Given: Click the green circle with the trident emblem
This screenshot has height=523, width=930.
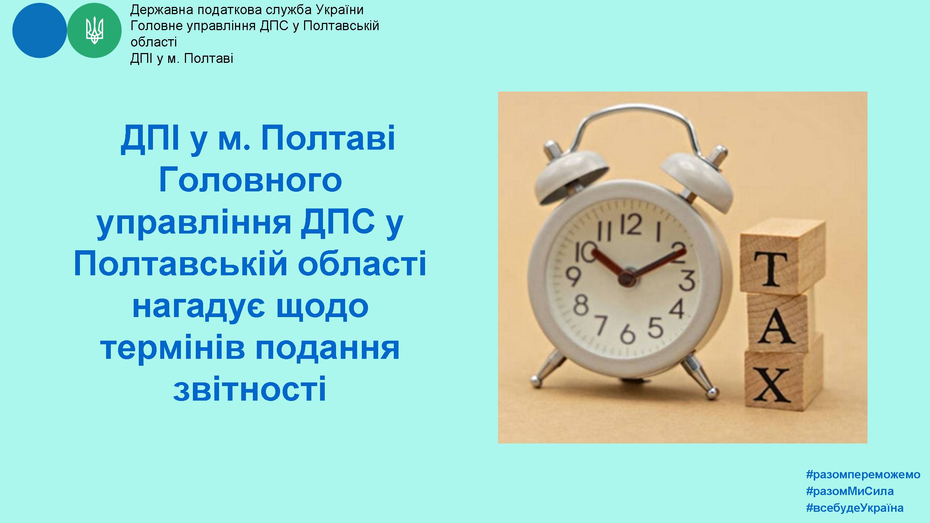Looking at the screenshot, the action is (94, 31).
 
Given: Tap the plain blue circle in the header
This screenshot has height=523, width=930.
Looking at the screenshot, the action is (40, 31).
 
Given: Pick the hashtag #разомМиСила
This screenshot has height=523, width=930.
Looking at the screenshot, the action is (850, 491).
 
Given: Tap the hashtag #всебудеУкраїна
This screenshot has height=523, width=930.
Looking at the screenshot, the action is (855, 508).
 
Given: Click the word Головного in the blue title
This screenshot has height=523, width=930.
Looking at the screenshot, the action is (251, 181).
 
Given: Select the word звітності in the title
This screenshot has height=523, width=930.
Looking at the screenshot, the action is (250, 389).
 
